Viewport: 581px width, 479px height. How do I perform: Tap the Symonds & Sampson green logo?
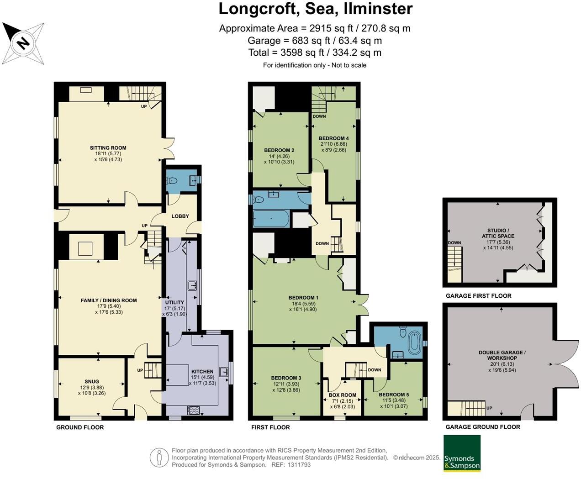click(462, 453)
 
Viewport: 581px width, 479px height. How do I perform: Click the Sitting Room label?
click(108, 148)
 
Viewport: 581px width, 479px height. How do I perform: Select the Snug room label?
click(91, 381)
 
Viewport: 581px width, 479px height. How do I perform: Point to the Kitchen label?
click(202, 372)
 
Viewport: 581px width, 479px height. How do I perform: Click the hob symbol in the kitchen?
click(194, 410)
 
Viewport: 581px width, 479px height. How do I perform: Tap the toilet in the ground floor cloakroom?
click(173, 181)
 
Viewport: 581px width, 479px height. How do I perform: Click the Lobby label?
click(180, 216)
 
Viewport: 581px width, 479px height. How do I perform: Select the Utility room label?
click(174, 302)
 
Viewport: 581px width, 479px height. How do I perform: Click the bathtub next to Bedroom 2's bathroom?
click(270, 219)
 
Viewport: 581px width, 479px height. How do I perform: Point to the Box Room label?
click(342, 395)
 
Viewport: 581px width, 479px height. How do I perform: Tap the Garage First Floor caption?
click(478, 296)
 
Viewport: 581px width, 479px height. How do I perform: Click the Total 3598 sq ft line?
click(314, 53)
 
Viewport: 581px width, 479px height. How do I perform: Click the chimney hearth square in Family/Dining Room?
click(86, 248)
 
